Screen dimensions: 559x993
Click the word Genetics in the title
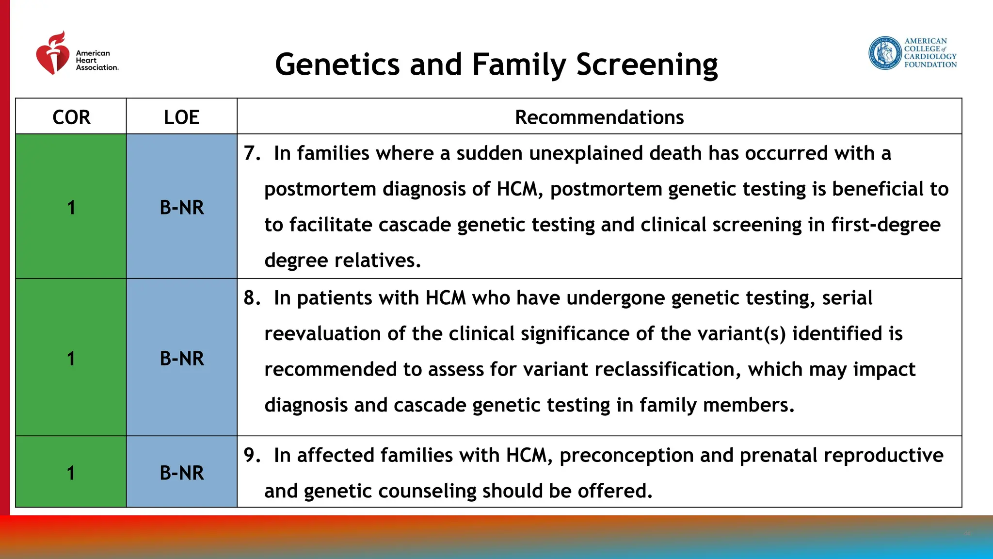[x=337, y=65]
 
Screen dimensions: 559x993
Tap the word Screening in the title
[x=647, y=66]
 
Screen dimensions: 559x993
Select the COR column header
[x=71, y=117]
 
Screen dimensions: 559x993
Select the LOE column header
[x=181, y=117]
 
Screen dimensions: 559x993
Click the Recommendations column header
[x=599, y=117]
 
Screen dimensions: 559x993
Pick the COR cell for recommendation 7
[x=71, y=207]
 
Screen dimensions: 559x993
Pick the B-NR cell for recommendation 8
[x=181, y=358]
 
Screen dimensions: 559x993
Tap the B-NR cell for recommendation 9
[x=181, y=473]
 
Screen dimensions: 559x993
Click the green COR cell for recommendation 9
[x=71, y=473]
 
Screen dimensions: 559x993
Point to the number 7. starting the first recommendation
[x=252, y=153]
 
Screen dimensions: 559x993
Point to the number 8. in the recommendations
[x=252, y=298]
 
